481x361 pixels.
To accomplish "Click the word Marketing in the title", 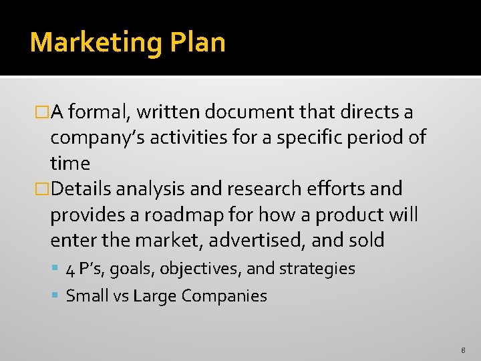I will tap(95, 43).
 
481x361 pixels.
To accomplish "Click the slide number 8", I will tap(462, 350).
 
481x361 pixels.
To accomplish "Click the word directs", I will tap(374, 112).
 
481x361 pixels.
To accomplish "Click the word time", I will tap(69, 163).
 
